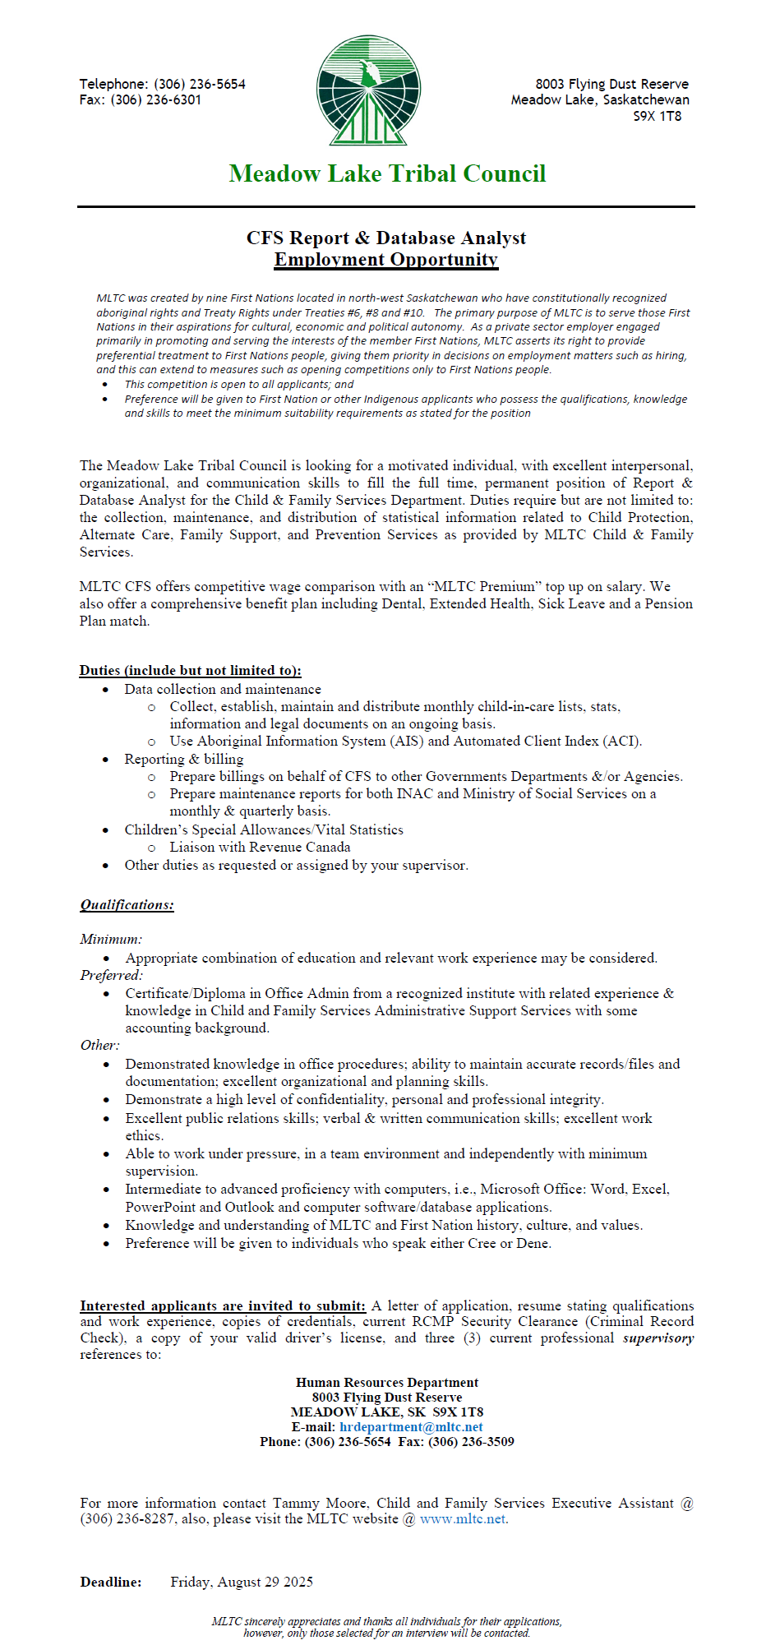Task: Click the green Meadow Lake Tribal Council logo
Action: click(369, 90)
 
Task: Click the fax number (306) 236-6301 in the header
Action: click(156, 100)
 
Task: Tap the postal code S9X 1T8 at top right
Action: click(657, 117)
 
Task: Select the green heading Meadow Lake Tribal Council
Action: click(387, 173)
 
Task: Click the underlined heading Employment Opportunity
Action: click(386, 260)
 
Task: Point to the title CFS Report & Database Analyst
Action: click(386, 238)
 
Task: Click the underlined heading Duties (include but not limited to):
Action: click(190, 671)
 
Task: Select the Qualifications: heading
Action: click(127, 905)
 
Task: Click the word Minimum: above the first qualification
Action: click(111, 939)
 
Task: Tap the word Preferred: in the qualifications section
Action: click(112, 976)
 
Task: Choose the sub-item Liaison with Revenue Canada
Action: click(260, 848)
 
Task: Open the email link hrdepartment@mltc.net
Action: click(411, 1428)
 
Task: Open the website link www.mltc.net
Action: click(463, 1519)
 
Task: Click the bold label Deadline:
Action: click(111, 1583)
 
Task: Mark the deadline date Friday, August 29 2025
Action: click(242, 1583)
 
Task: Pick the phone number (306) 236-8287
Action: click(127, 1519)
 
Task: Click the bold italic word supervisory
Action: click(658, 1338)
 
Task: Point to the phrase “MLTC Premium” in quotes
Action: click(487, 587)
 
